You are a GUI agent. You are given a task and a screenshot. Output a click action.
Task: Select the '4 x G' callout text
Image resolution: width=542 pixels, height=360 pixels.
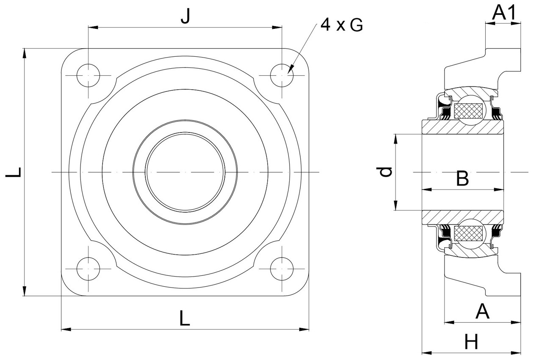(x=341, y=25)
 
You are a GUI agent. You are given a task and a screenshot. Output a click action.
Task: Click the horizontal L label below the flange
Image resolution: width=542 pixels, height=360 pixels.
(x=184, y=318)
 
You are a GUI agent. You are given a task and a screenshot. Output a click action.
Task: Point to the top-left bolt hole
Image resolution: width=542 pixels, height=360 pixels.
(x=88, y=76)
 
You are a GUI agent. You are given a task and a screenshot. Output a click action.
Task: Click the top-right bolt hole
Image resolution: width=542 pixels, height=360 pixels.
(x=282, y=76)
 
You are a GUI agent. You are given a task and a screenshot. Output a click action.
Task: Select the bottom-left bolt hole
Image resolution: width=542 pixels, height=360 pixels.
(x=88, y=269)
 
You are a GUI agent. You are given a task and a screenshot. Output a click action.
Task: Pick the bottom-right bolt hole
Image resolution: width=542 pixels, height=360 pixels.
(x=282, y=269)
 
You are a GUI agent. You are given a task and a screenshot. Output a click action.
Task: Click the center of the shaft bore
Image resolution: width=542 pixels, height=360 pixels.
(x=185, y=172)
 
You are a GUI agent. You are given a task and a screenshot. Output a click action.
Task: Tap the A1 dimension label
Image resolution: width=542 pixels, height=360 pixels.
(x=504, y=14)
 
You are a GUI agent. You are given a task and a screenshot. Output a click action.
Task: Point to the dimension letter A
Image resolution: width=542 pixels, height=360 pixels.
(x=482, y=312)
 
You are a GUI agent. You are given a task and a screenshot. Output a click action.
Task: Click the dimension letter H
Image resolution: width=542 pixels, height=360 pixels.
(x=471, y=341)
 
